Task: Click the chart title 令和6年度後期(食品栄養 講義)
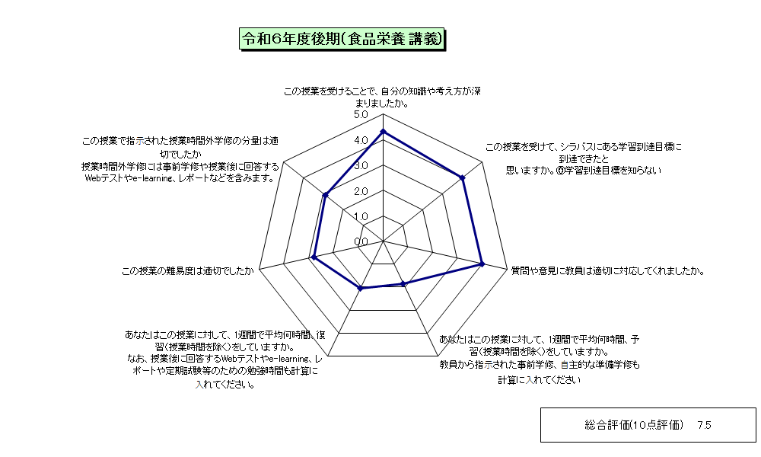click(x=342, y=39)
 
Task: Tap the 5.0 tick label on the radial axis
click(x=361, y=115)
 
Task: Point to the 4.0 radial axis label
click(x=361, y=140)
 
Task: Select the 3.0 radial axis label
click(x=361, y=165)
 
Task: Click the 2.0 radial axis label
click(x=361, y=191)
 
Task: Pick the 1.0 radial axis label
click(x=361, y=216)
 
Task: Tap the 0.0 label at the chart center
click(x=361, y=242)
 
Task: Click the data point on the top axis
click(x=383, y=131)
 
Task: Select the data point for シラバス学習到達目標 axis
click(x=463, y=178)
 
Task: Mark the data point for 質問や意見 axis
click(x=482, y=264)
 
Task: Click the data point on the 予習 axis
click(x=403, y=284)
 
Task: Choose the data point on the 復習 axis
click(x=360, y=289)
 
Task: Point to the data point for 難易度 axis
click(x=314, y=257)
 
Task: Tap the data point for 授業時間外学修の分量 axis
click(x=325, y=195)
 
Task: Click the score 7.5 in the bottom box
click(x=704, y=426)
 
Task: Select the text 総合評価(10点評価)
click(x=634, y=426)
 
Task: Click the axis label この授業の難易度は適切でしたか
click(x=187, y=271)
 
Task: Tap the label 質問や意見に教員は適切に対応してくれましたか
click(x=607, y=271)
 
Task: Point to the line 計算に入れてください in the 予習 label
click(x=540, y=380)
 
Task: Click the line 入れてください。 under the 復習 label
click(x=225, y=385)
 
